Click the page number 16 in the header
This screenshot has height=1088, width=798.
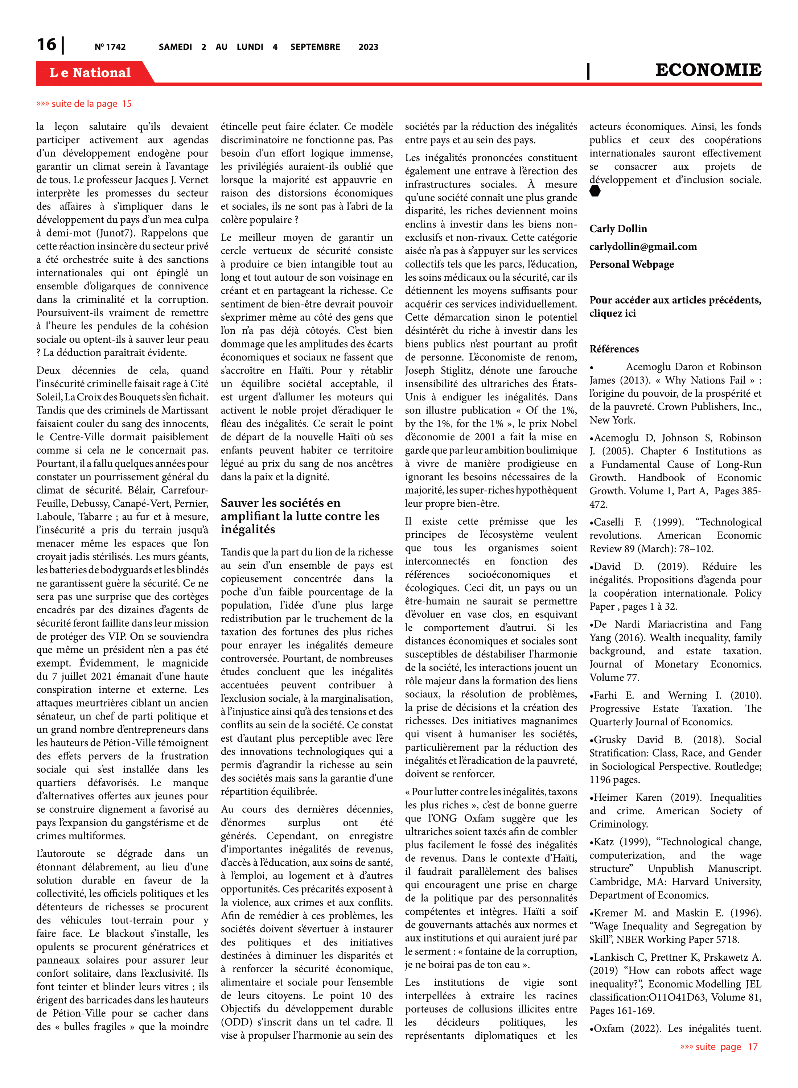pyautogui.click(x=46, y=45)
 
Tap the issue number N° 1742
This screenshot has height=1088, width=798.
pyautogui.click(x=110, y=47)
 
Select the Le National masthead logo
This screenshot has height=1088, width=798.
pyautogui.click(x=90, y=73)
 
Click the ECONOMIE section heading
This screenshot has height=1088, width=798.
pyautogui.click(x=708, y=70)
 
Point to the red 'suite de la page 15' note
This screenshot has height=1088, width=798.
pyautogui.click(x=84, y=104)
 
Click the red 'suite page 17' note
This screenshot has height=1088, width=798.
pyautogui.click(x=719, y=1046)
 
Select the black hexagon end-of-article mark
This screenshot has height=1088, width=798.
pyautogui.click(x=595, y=191)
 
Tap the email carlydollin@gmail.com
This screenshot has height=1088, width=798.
pyautogui.click(x=643, y=247)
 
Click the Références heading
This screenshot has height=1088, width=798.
pyautogui.click(x=614, y=349)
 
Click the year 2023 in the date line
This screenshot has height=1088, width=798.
pyautogui.click(x=368, y=47)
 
